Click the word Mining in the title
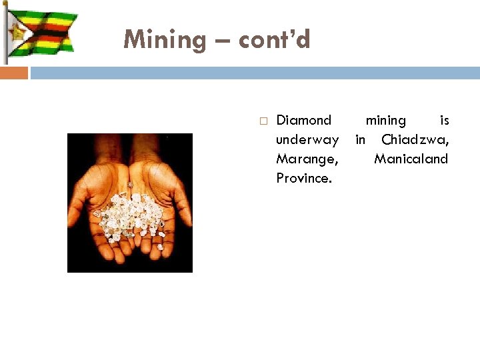point(165,40)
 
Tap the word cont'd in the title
point(274,40)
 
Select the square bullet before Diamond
point(263,121)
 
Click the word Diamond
point(303,121)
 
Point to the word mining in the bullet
point(385,121)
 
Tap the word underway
point(307,140)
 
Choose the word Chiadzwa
point(415,140)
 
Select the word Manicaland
point(411,159)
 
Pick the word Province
point(303,179)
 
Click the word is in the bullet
point(444,121)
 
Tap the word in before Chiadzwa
point(360,140)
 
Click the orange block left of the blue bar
point(14,73)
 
